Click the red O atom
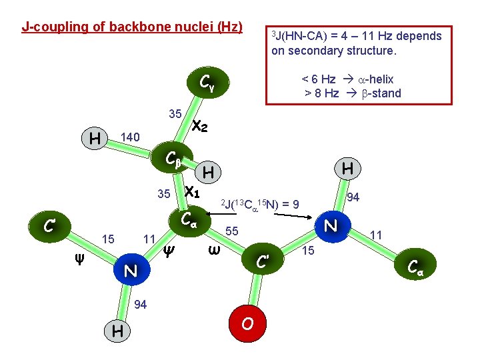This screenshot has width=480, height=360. coord(247,324)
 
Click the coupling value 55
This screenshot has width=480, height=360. coord(231,231)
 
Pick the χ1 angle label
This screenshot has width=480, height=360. coord(192,191)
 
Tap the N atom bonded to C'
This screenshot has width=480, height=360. coord(330,225)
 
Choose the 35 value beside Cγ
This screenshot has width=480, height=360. coord(175,114)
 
